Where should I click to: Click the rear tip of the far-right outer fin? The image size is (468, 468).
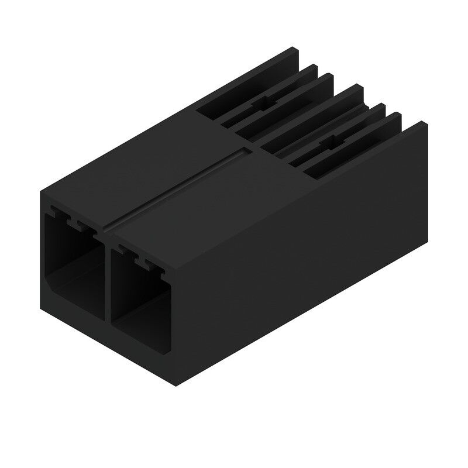[x=420, y=124]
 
